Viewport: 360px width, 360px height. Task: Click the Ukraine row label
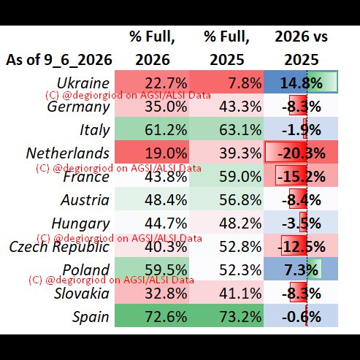click(x=83, y=83)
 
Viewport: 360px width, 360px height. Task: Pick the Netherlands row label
click(x=68, y=153)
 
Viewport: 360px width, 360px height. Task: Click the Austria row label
click(x=85, y=200)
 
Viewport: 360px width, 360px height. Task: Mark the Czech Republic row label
click(x=59, y=247)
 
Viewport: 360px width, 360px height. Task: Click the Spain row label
click(x=91, y=317)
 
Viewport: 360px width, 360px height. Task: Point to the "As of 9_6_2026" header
click(x=59, y=60)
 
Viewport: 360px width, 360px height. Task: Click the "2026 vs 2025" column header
click(x=301, y=48)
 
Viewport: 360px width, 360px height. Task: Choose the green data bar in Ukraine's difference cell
click(x=322, y=82)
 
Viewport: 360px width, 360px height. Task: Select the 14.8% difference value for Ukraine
click(x=302, y=83)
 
